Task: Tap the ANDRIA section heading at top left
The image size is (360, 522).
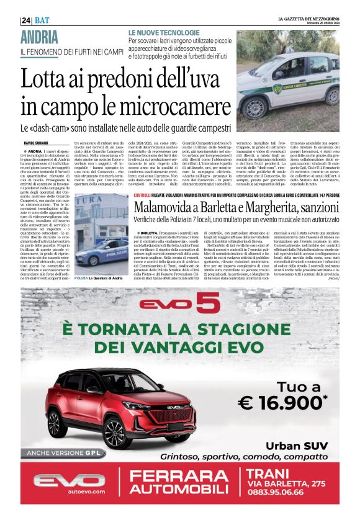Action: click(x=43, y=37)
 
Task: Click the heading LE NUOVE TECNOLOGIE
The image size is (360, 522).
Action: click(x=164, y=32)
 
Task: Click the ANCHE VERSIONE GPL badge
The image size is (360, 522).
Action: click(x=62, y=453)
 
